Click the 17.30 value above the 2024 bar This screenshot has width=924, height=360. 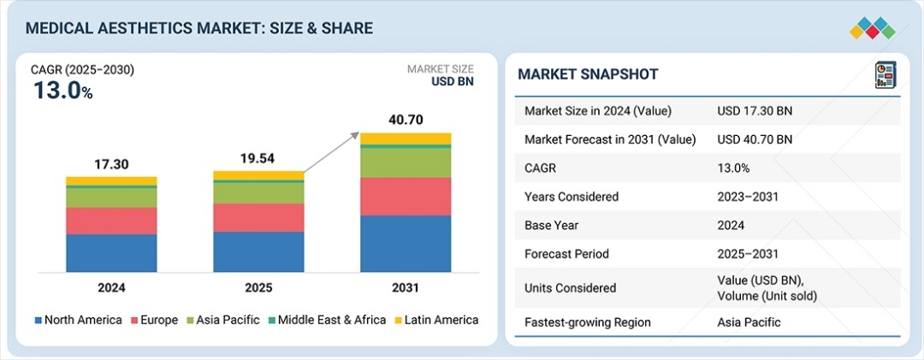click(x=111, y=164)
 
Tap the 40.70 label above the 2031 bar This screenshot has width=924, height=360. click(x=406, y=121)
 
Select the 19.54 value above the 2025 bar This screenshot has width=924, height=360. click(x=258, y=158)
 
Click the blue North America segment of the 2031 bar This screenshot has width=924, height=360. click(x=406, y=244)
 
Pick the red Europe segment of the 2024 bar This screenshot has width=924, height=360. click(x=111, y=221)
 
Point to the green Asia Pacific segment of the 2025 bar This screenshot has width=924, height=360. click(x=258, y=192)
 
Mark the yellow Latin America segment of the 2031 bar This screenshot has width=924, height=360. click(x=406, y=139)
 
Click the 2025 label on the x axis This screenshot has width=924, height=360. click(x=258, y=288)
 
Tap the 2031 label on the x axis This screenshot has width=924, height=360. click(x=406, y=288)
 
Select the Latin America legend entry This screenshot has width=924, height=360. click(x=436, y=320)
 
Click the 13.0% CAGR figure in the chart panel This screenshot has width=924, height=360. click(x=62, y=91)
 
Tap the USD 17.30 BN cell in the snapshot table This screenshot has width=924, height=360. click(x=755, y=110)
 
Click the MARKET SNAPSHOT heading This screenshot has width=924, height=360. click(x=588, y=74)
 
